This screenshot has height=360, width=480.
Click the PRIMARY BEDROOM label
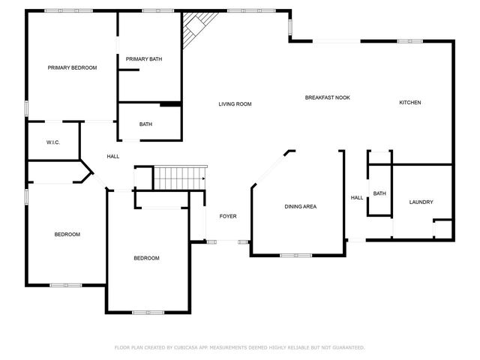72,67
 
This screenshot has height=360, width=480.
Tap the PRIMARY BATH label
143,59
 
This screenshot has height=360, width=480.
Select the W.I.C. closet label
52,142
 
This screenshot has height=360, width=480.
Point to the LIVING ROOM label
235,104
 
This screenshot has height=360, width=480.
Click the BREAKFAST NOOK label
327,97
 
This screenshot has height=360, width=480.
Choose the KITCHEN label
409,102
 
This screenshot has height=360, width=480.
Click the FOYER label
227,216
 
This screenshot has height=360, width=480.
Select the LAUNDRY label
421,202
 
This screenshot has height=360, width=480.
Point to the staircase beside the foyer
179,179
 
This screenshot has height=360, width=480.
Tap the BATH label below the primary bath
146,124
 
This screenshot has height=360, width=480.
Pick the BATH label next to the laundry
379,193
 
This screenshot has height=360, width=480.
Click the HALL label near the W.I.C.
112,156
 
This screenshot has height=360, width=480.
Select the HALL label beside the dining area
357,198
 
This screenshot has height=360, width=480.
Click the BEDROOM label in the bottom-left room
67,235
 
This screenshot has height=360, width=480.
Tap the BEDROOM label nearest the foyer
146,258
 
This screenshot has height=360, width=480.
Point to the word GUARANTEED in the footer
347,348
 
